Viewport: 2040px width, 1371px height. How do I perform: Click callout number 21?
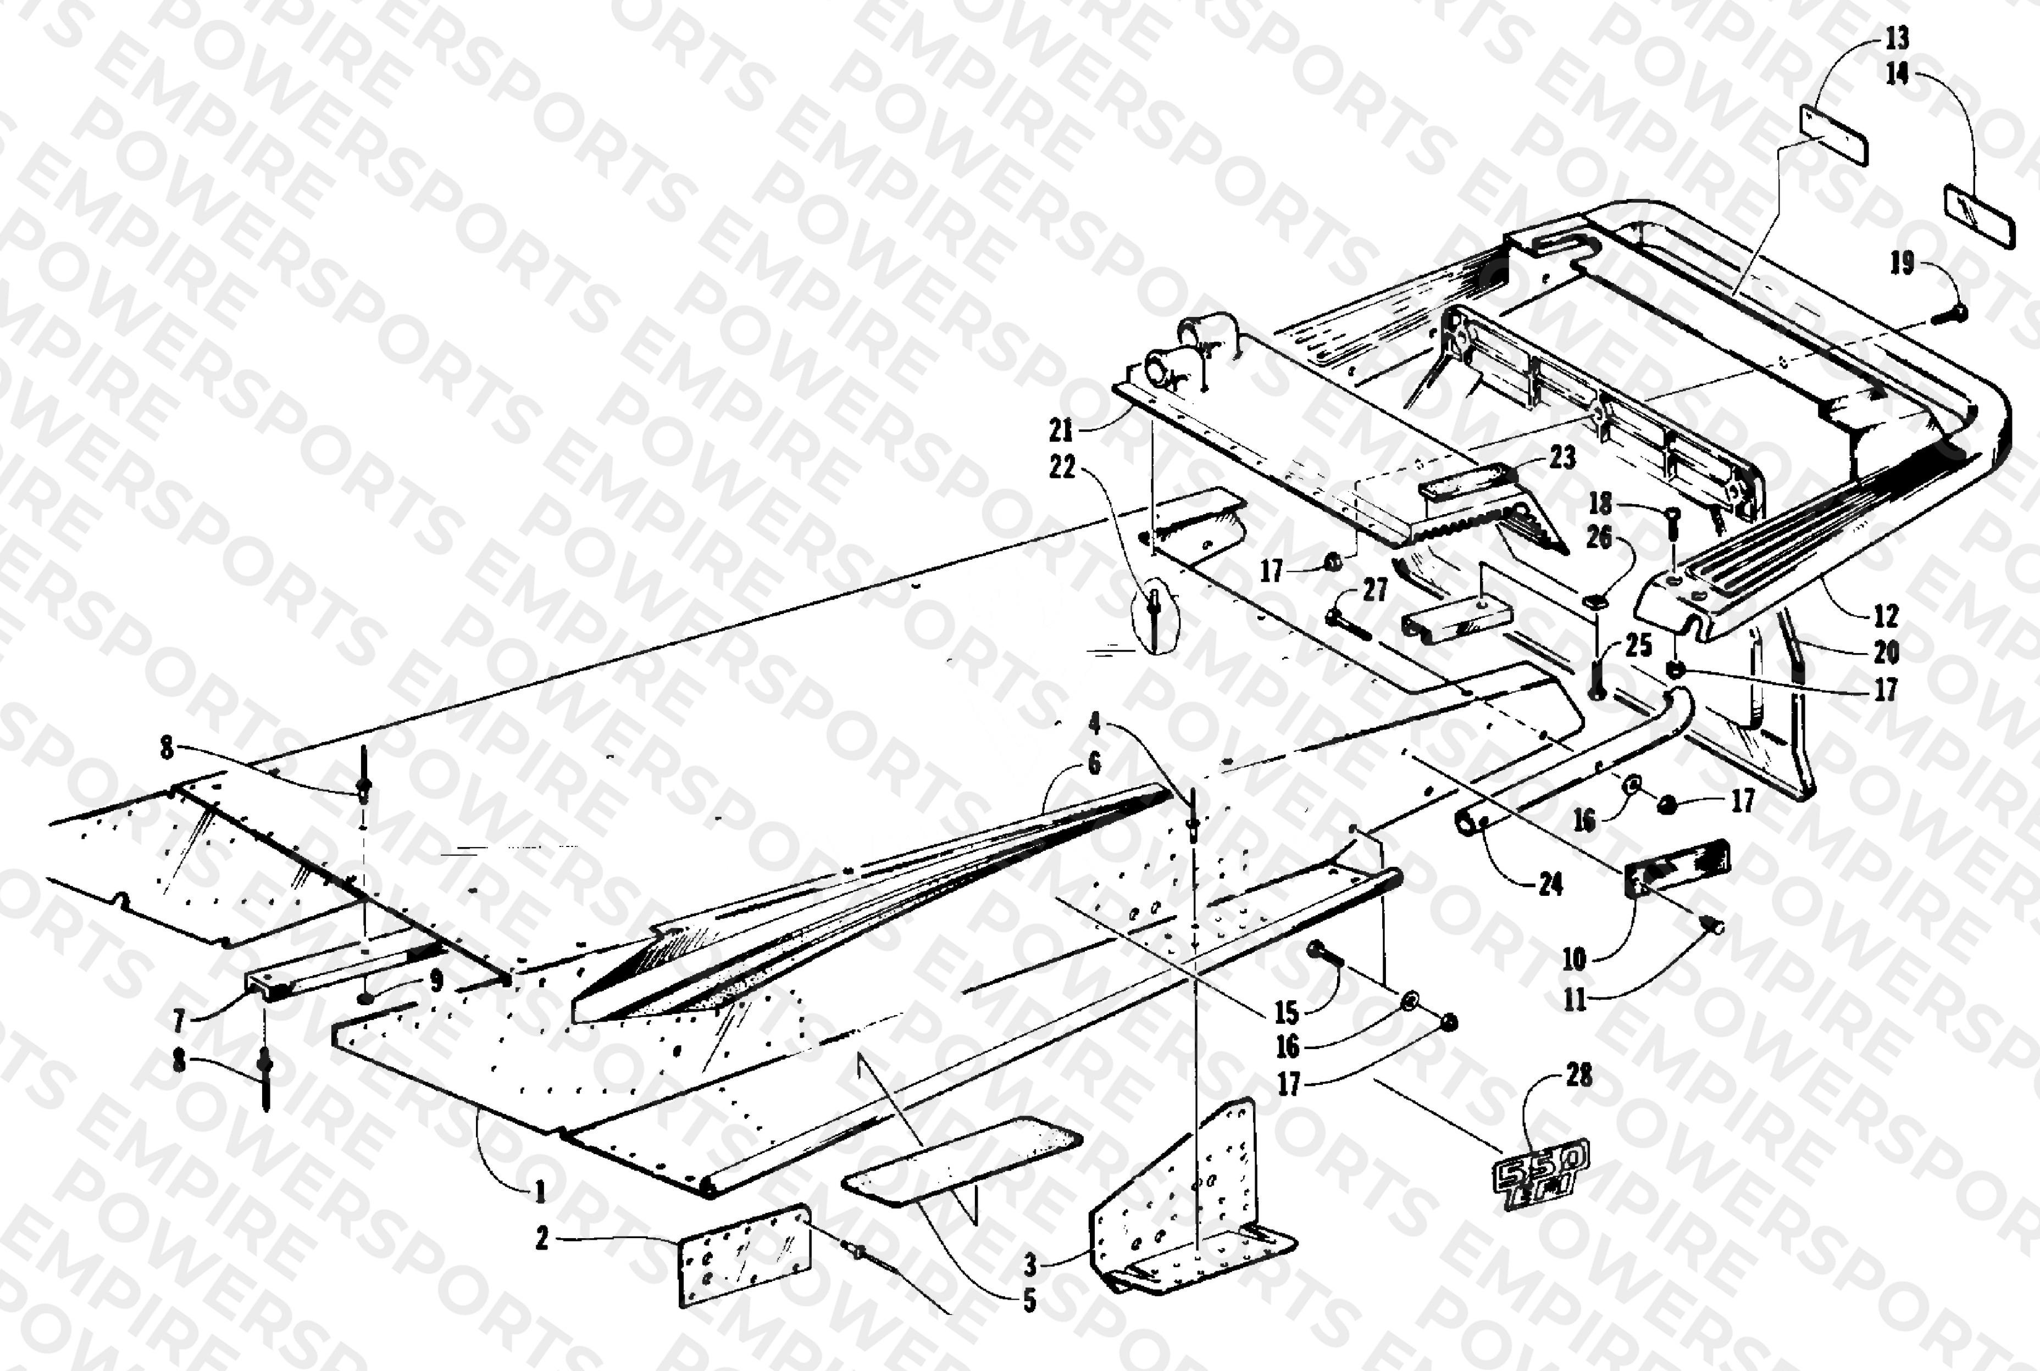1061,430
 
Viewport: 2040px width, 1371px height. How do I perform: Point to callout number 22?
1062,469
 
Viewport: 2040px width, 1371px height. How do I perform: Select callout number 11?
1575,999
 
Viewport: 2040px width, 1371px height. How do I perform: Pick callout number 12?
1886,616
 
